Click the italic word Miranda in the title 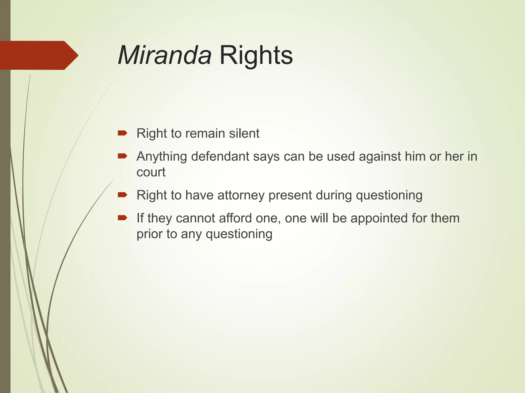(x=165, y=55)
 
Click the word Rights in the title (x=256, y=55)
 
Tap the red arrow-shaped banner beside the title (x=38, y=55)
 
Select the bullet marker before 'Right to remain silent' (x=122, y=133)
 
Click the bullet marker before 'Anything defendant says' (x=122, y=156)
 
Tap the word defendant (x=220, y=156)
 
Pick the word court (x=151, y=172)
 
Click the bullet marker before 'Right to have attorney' (x=122, y=195)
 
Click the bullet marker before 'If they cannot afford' (x=122, y=218)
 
